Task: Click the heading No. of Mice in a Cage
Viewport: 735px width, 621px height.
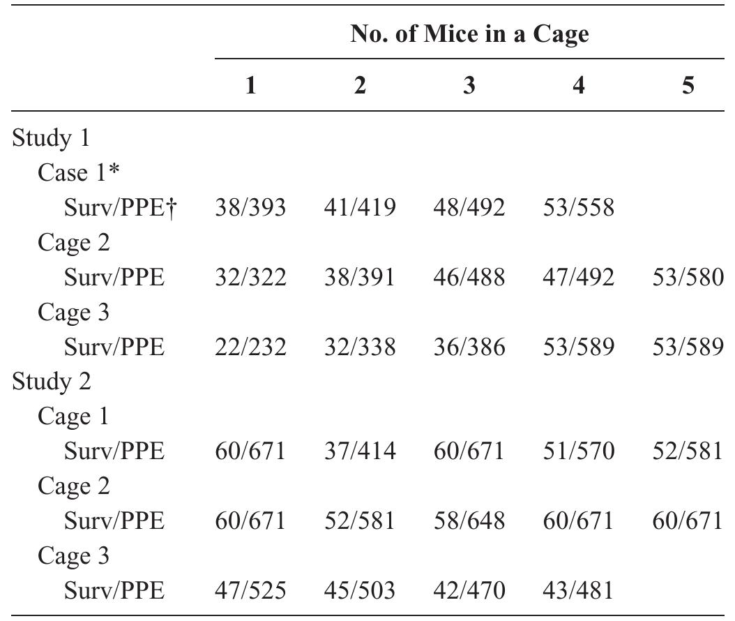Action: pyautogui.click(x=469, y=34)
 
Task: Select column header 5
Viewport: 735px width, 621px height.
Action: pyautogui.click(x=688, y=86)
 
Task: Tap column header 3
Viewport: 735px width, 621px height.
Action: pyautogui.click(x=469, y=86)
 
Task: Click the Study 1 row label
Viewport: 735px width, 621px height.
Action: pyautogui.click(x=51, y=137)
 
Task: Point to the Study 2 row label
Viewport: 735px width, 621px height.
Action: pyautogui.click(x=51, y=382)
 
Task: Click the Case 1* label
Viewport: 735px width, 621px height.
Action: pyautogui.click(x=79, y=172)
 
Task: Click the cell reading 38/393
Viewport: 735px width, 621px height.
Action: pyautogui.click(x=250, y=207)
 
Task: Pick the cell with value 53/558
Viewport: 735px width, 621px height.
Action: pyautogui.click(x=578, y=207)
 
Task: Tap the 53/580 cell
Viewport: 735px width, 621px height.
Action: pyautogui.click(x=688, y=277)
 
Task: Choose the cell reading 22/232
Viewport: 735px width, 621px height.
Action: pyautogui.click(x=250, y=347)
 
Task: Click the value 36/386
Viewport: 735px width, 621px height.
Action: pyautogui.click(x=469, y=347)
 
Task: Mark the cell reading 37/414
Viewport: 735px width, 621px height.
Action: pyautogui.click(x=360, y=451)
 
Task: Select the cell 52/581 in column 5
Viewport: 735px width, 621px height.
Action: pyautogui.click(x=688, y=451)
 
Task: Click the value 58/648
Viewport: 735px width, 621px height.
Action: pyautogui.click(x=469, y=521)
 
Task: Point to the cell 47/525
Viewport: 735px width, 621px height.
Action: pyautogui.click(x=250, y=591)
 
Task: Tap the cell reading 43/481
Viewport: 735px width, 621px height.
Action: pyautogui.click(x=578, y=591)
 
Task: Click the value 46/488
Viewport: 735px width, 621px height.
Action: pyautogui.click(x=469, y=277)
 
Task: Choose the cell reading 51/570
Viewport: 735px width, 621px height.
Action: pyautogui.click(x=578, y=451)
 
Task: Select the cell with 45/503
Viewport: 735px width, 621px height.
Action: pyautogui.click(x=360, y=591)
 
